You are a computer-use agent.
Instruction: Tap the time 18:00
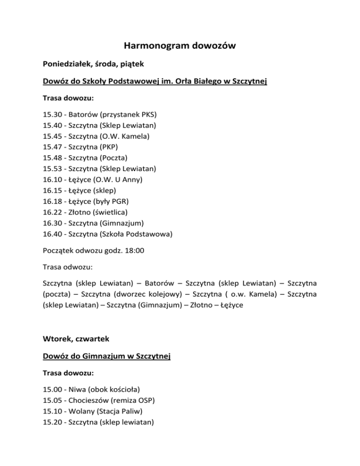(x=135, y=251)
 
